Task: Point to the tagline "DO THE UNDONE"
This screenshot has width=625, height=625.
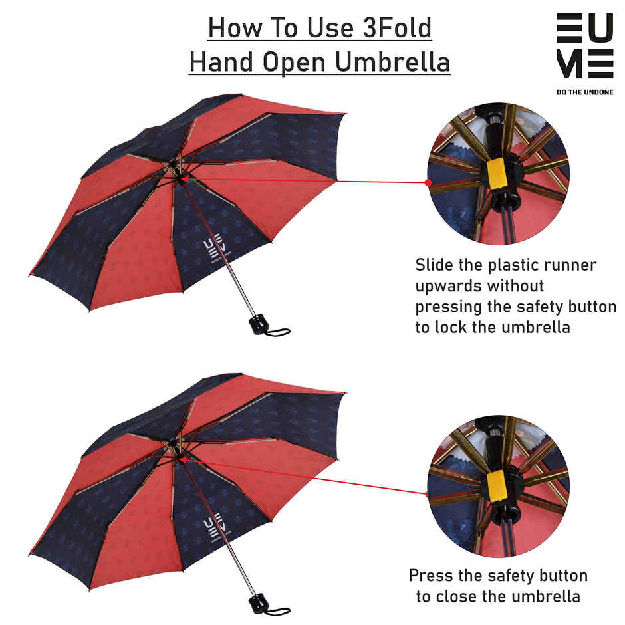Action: (584, 92)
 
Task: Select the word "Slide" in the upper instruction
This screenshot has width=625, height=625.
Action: (436, 265)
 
